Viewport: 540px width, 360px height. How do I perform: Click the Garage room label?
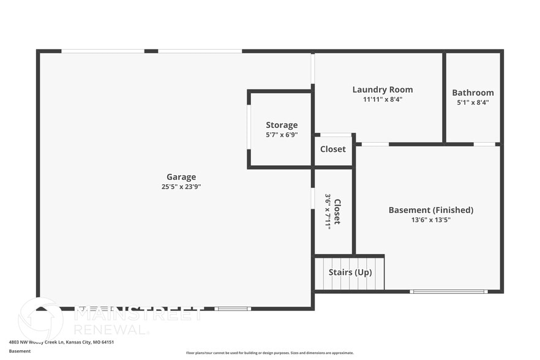click(181, 177)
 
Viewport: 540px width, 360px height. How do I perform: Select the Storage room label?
click(282, 125)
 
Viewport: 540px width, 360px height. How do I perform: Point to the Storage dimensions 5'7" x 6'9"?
click(282, 135)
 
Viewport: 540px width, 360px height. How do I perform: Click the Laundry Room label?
click(383, 89)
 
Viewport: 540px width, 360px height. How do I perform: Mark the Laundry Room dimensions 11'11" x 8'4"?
click(383, 99)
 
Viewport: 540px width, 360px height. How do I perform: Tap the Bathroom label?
click(473, 92)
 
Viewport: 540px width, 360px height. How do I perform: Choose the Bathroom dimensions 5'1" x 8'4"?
click(473, 102)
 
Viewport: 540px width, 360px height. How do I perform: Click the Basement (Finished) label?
click(431, 210)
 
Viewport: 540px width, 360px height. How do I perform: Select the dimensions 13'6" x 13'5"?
click(431, 220)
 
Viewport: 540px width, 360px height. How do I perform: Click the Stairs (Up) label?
click(350, 272)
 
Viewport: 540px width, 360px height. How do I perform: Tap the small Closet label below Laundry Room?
click(333, 149)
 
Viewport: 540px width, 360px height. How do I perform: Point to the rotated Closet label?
click(337, 211)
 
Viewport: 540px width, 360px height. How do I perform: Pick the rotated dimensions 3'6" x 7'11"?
click(328, 211)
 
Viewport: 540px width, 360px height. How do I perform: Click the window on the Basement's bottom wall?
click(449, 291)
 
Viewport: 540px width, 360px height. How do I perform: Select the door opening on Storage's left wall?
click(249, 129)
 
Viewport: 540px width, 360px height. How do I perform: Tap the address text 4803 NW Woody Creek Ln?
click(61, 342)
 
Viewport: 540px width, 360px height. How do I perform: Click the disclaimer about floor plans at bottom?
click(269, 353)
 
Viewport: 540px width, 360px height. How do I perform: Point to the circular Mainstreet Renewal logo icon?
click(40, 318)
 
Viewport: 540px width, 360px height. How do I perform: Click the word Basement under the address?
click(20, 351)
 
